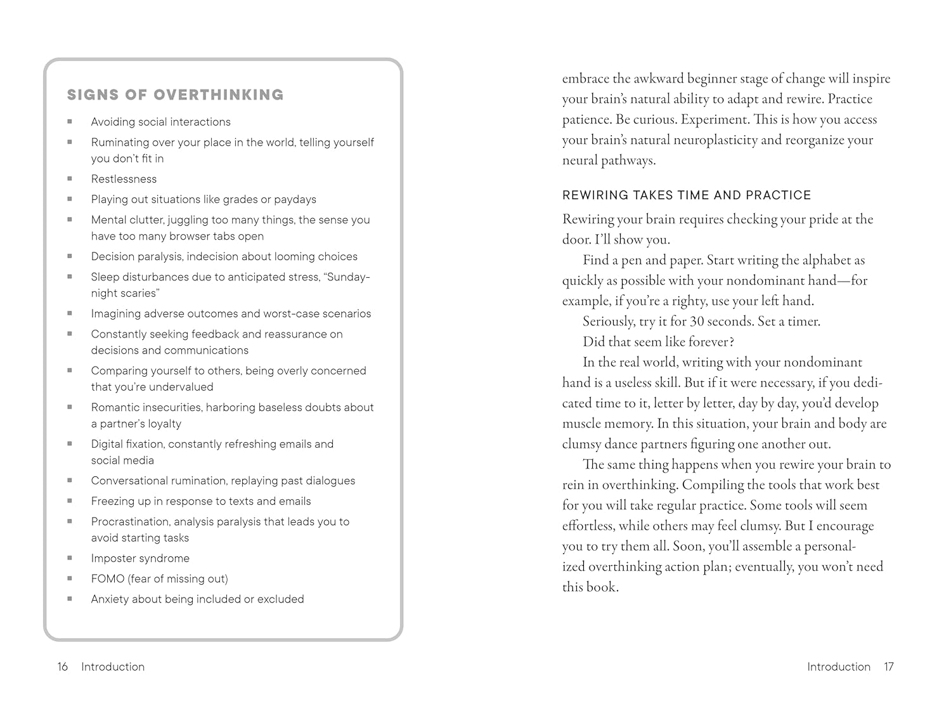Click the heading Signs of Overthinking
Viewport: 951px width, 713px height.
tap(175, 95)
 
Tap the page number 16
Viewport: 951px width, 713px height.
tap(62, 667)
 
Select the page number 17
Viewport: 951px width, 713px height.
tap(888, 667)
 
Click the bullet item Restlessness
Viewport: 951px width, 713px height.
tap(124, 179)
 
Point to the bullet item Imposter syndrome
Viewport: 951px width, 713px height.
tap(140, 558)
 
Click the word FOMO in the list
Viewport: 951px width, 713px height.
tap(108, 579)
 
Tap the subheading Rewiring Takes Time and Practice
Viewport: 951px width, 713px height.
tap(687, 195)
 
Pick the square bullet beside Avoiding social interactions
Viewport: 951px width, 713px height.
tap(70, 122)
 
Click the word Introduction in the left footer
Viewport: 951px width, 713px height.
tap(113, 667)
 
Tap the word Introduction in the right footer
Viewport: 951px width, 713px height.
tap(839, 667)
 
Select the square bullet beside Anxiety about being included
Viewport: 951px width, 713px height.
tap(70, 599)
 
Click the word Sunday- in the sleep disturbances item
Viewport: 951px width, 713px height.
tap(348, 277)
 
